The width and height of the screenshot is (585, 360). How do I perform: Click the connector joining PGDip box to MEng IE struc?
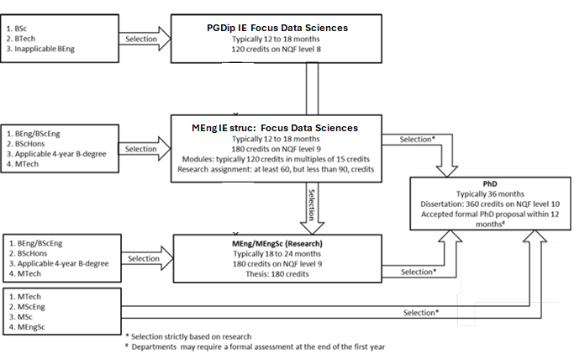[x=310, y=88]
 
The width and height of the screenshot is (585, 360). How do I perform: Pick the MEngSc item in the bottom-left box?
[x=35, y=328]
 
